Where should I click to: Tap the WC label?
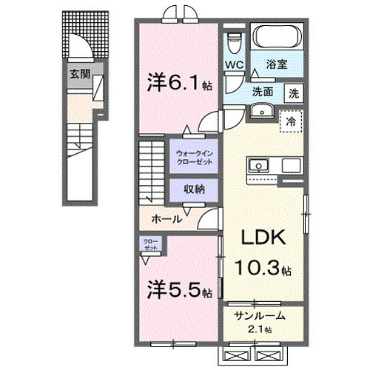click(235, 65)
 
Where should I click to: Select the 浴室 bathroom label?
click(278, 65)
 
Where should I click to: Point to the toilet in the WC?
click(235, 38)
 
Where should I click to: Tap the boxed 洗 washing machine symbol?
click(294, 94)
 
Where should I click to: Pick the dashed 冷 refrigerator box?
click(291, 120)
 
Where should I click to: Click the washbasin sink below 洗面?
click(261, 111)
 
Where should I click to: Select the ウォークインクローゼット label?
click(193, 157)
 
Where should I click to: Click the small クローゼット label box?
click(151, 245)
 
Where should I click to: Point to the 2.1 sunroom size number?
click(259, 329)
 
